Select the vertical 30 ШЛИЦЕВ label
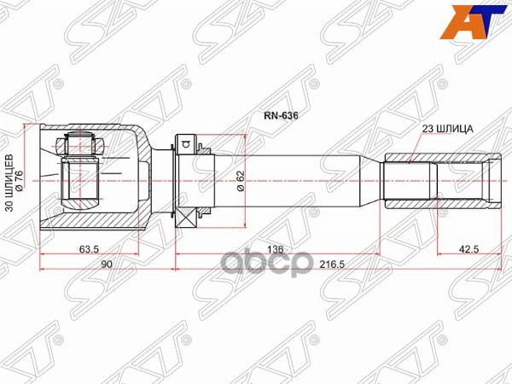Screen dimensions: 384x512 pos(10,183)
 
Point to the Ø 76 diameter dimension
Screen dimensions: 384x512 pos(23,183)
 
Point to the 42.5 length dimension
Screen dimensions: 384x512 pos(468,250)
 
